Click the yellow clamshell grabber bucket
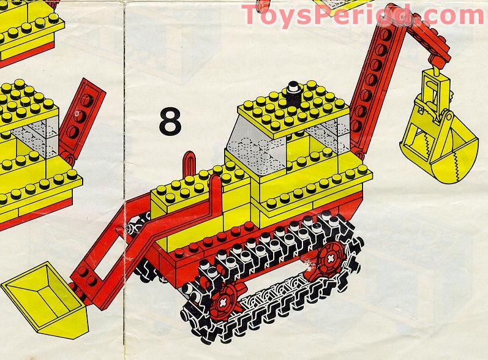coord(439,143)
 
